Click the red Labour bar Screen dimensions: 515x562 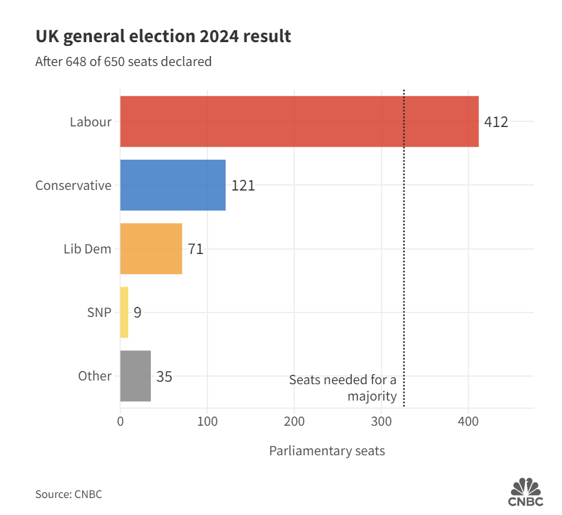pos(299,121)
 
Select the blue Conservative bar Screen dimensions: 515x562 pos(173,185)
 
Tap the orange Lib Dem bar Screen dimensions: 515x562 pos(151,248)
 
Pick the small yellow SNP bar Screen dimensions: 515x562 pos(124,313)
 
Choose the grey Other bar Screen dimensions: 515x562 pos(135,376)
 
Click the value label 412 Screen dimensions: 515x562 pos(496,122)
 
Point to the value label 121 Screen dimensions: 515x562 pos(243,186)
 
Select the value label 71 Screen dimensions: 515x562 pos(196,249)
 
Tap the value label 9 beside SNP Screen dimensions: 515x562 pos(137,313)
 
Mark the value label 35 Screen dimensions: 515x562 pos(164,377)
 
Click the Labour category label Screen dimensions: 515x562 pos(91,122)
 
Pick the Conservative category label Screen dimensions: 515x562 pos(73,186)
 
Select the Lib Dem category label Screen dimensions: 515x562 pos(87,249)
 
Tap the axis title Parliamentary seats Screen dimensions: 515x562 pos(327,451)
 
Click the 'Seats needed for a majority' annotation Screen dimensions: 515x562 pos(343,388)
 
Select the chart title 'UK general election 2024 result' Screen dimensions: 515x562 pos(163,36)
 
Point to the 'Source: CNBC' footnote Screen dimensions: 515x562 pos(69,494)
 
